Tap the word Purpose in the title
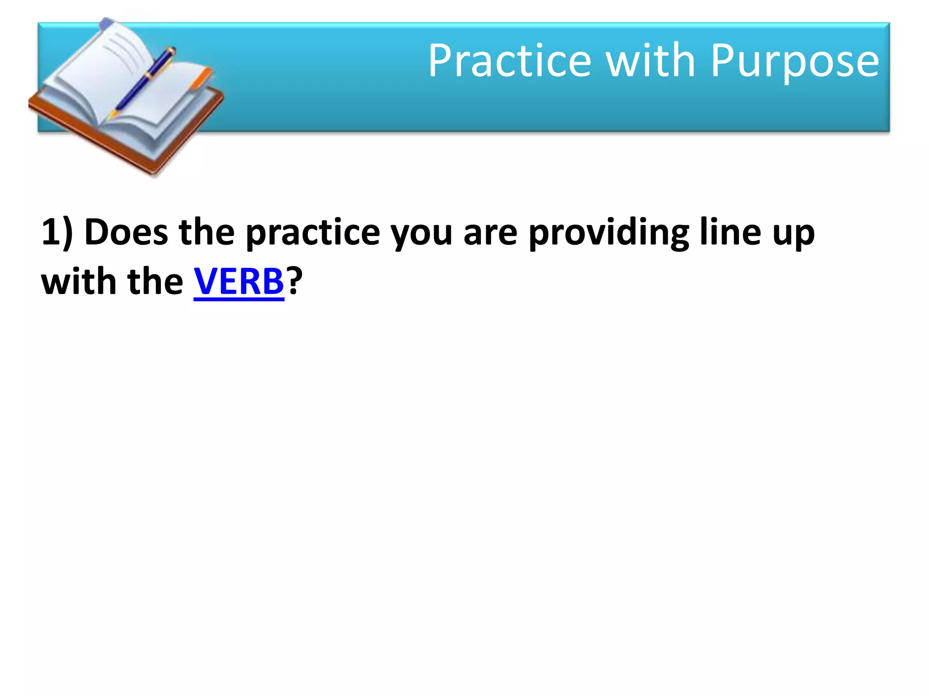click(x=794, y=62)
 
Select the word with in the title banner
click(x=650, y=61)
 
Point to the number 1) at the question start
click(x=57, y=232)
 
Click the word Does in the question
click(x=126, y=232)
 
